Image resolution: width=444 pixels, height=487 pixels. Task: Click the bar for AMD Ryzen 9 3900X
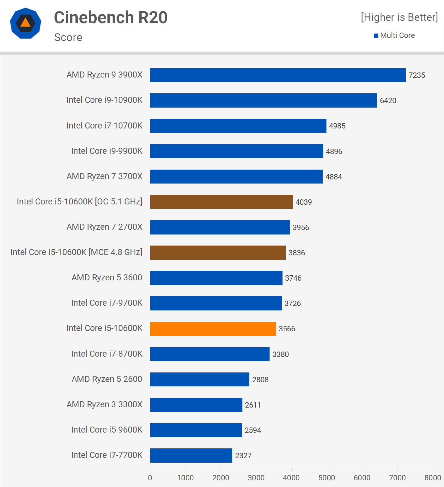(x=278, y=75)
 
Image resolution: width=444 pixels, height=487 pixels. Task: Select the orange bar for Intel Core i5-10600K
(x=213, y=329)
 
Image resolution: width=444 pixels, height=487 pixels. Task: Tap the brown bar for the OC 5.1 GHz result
(x=221, y=202)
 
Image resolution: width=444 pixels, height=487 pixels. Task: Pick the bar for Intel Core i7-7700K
(x=191, y=455)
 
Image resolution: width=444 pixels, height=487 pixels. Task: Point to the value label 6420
(x=388, y=101)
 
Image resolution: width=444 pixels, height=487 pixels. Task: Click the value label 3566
(x=287, y=329)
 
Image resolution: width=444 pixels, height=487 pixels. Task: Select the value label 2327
(x=243, y=456)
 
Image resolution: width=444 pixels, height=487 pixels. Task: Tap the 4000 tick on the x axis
(x=291, y=478)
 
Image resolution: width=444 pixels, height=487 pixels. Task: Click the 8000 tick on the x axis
(x=432, y=478)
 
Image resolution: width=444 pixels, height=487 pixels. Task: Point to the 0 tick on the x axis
(x=150, y=478)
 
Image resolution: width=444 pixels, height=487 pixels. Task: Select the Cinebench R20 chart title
(x=111, y=17)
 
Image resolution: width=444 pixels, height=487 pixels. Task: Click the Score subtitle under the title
(x=68, y=37)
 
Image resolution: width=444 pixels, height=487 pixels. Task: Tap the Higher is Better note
(x=399, y=17)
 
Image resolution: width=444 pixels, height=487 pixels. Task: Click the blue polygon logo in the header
(x=26, y=23)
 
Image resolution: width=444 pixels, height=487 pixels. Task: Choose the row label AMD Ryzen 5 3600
(x=107, y=278)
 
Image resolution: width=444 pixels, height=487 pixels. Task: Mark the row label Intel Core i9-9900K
(x=107, y=151)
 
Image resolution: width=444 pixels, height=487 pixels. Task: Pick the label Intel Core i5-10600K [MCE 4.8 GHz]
(x=76, y=252)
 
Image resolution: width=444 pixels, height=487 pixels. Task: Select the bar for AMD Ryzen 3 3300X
(x=196, y=405)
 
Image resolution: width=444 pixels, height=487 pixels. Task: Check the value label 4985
(x=337, y=126)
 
